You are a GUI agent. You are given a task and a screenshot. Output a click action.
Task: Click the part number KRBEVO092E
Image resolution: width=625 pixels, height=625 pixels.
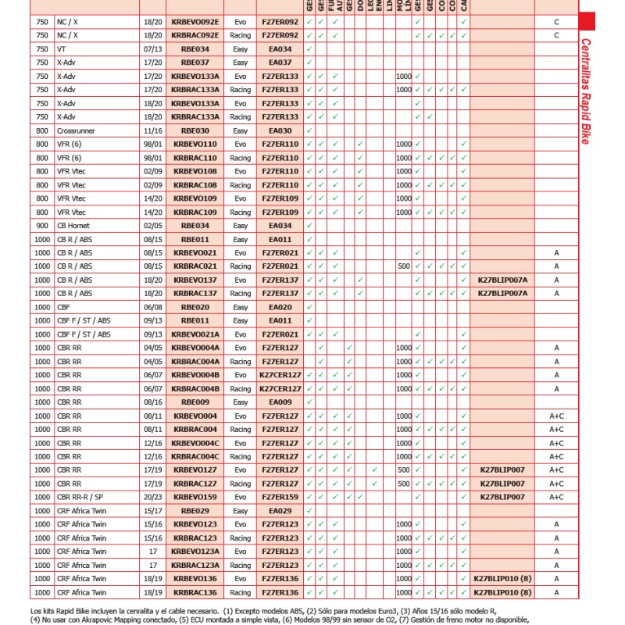click(195, 23)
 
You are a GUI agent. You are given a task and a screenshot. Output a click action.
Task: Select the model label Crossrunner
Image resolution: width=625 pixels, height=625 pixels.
click(77, 130)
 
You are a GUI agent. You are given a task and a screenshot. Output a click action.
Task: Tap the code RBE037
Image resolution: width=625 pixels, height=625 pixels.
click(195, 62)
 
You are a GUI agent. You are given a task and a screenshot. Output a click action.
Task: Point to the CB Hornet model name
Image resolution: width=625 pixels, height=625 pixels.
click(73, 226)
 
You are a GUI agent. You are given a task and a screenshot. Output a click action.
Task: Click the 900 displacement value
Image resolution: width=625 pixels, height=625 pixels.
click(41, 226)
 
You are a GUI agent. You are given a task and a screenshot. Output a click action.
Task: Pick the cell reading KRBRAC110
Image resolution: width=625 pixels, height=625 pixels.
click(195, 158)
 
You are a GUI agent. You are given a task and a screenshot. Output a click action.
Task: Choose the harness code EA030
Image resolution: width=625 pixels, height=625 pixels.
click(280, 130)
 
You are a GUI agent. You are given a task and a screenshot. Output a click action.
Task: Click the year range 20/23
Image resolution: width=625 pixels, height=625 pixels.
click(152, 497)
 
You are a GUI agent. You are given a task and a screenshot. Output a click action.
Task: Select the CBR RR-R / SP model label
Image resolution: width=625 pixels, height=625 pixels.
click(83, 497)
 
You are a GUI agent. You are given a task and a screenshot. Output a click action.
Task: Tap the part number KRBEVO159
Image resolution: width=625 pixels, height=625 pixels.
click(195, 497)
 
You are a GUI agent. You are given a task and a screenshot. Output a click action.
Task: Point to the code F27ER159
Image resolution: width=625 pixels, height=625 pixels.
click(280, 497)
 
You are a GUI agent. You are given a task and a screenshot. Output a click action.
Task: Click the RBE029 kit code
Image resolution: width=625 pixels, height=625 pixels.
click(195, 510)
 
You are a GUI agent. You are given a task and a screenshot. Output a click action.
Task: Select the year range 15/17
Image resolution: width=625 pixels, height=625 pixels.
click(152, 510)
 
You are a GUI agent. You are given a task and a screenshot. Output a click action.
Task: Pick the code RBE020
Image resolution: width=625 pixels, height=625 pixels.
click(195, 307)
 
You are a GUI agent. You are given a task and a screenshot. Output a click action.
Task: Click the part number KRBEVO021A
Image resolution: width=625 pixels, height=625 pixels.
click(195, 334)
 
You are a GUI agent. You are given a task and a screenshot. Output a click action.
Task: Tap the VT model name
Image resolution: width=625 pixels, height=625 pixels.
click(62, 49)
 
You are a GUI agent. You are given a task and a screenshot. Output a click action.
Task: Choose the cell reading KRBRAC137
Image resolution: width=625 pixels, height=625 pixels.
click(195, 294)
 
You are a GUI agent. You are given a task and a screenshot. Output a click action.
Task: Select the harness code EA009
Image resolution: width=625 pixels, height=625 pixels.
click(280, 402)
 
